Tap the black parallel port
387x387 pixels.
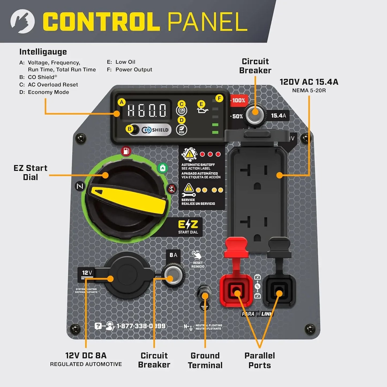coord(279,291)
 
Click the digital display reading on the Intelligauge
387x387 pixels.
coord(146,110)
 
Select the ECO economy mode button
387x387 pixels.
coord(182,130)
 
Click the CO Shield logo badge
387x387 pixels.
coord(156,130)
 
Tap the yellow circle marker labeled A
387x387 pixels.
coord(122,102)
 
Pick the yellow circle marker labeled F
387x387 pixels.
coord(219,98)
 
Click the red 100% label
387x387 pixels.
coord(238,100)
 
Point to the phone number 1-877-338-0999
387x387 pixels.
coord(141,326)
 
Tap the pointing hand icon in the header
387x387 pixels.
coord(22,21)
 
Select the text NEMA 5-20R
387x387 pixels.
coord(309,91)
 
